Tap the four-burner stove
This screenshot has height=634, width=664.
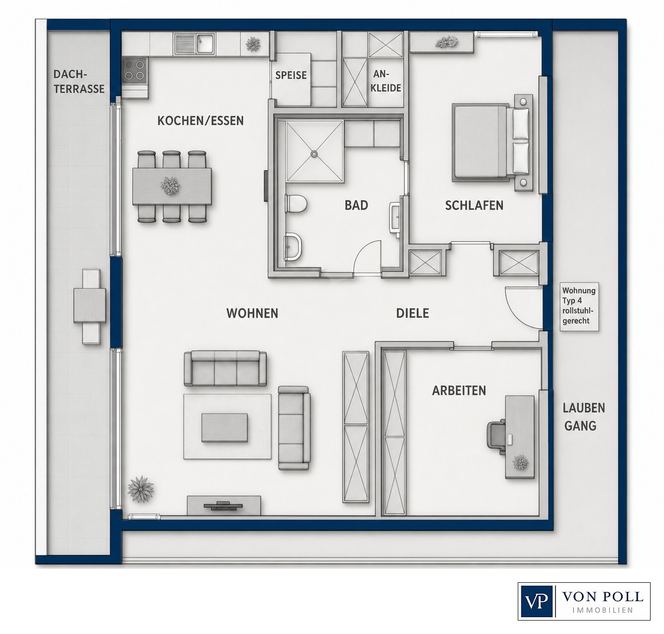134,70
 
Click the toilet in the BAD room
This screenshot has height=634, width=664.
296,203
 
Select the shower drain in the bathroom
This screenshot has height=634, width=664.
314,154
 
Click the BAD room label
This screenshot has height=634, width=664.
356,205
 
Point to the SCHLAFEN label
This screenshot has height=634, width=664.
474,205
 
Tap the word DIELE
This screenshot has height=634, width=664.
412,313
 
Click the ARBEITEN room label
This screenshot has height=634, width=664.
459,390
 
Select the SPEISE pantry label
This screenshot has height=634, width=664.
290,75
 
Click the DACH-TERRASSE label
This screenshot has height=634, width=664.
79,82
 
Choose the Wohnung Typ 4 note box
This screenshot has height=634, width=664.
579,306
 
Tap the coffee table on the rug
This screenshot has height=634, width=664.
224,428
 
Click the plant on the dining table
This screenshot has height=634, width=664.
170,185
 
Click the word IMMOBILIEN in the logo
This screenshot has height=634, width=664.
603,610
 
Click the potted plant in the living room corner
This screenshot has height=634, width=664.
141,489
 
